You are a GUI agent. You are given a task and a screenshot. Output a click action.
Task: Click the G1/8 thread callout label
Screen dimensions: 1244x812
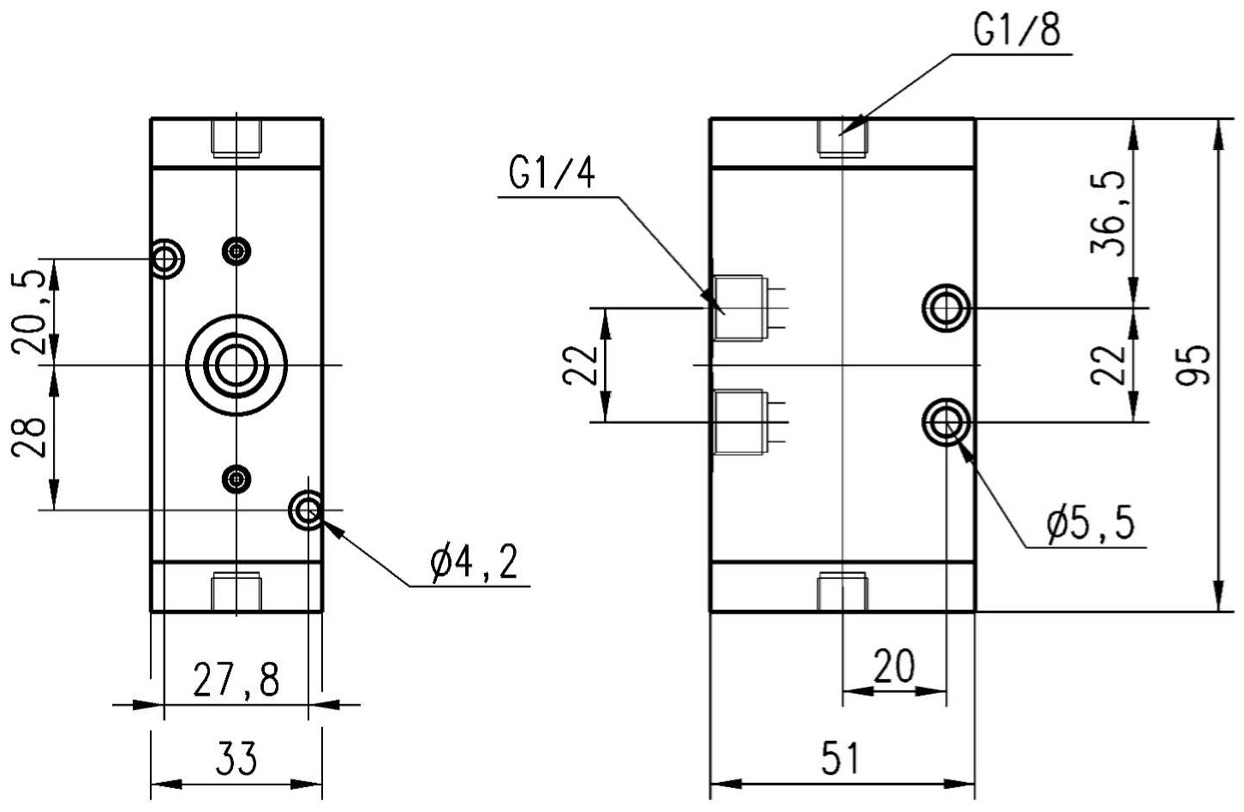point(1016,31)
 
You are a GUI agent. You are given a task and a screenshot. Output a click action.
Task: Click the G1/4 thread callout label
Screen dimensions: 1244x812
point(552,173)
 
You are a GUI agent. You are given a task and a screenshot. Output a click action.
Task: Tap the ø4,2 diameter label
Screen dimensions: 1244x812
point(475,562)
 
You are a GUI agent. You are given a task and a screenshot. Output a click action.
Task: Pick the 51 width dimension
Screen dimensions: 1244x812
point(840,757)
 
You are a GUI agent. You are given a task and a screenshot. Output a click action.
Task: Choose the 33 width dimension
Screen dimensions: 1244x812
point(236,757)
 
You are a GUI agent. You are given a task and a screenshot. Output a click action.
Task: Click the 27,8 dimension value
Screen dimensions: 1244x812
point(236,678)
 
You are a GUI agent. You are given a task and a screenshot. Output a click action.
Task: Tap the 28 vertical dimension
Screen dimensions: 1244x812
point(28,437)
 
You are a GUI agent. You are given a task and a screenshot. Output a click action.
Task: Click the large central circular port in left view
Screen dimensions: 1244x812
point(236,365)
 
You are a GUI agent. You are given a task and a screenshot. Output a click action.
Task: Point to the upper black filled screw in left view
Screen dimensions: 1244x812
point(236,252)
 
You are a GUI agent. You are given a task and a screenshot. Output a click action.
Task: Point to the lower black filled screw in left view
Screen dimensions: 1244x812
point(236,479)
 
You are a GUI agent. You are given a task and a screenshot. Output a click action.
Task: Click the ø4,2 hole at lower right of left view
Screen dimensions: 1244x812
point(307,510)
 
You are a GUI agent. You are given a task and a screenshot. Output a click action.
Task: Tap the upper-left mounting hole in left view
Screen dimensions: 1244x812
point(165,259)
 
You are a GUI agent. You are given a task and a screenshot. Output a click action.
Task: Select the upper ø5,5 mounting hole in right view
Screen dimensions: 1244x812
point(946,307)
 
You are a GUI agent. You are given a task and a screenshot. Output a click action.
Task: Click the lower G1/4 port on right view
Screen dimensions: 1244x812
point(751,422)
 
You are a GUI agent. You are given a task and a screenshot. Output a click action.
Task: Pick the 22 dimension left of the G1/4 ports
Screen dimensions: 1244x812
point(579,365)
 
